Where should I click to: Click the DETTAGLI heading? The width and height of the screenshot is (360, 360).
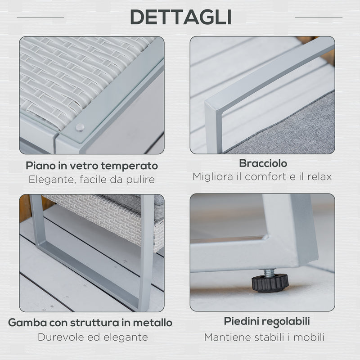[180, 17]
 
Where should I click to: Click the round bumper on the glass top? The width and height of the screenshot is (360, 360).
[80, 128]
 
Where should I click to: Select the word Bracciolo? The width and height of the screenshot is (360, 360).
[263, 163]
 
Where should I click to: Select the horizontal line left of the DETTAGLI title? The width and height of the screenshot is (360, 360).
[40, 18]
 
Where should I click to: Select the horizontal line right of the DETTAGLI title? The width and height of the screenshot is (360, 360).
[319, 18]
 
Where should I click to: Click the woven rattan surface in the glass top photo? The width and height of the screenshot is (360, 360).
[72, 72]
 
